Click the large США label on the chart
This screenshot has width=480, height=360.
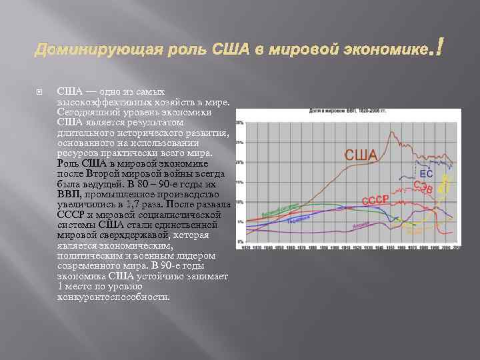click(360, 155)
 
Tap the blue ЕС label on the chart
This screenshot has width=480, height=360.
click(426, 173)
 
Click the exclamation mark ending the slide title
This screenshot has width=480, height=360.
click(439, 47)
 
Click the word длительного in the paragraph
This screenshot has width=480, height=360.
click(84, 133)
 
